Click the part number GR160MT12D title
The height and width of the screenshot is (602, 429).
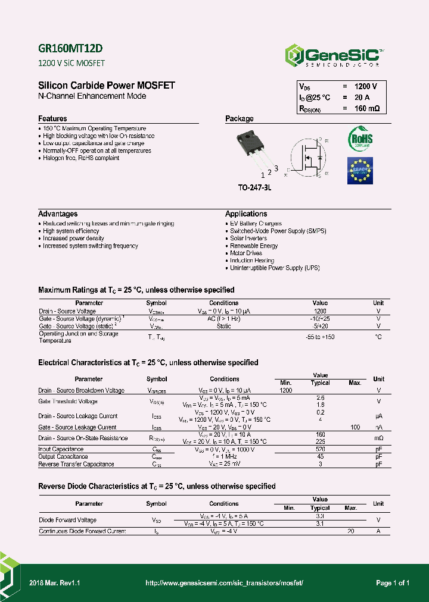click(x=66, y=49)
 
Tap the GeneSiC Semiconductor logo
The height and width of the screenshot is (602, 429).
click(x=334, y=55)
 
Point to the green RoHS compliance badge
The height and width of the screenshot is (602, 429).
click(x=360, y=139)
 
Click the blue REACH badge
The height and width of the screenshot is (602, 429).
click(x=360, y=170)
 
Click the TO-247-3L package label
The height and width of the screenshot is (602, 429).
click(x=254, y=187)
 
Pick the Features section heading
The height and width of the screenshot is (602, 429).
click(x=52, y=118)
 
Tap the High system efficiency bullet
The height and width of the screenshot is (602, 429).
click(x=71, y=231)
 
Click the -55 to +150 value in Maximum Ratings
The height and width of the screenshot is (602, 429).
click(x=320, y=337)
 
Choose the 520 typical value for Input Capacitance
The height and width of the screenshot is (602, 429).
click(x=320, y=449)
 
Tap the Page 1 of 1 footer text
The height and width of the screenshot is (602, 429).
click(x=393, y=583)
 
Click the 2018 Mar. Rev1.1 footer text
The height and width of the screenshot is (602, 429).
click(x=55, y=583)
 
